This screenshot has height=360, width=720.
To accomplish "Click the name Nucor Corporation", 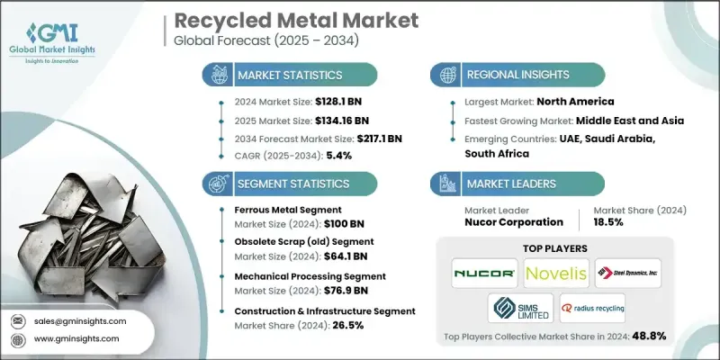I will point(512,220).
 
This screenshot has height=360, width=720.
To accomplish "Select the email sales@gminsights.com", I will point(80,320).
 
